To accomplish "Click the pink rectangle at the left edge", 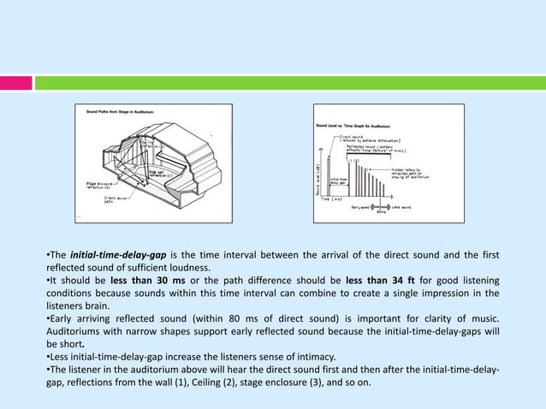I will tap(16, 83).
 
